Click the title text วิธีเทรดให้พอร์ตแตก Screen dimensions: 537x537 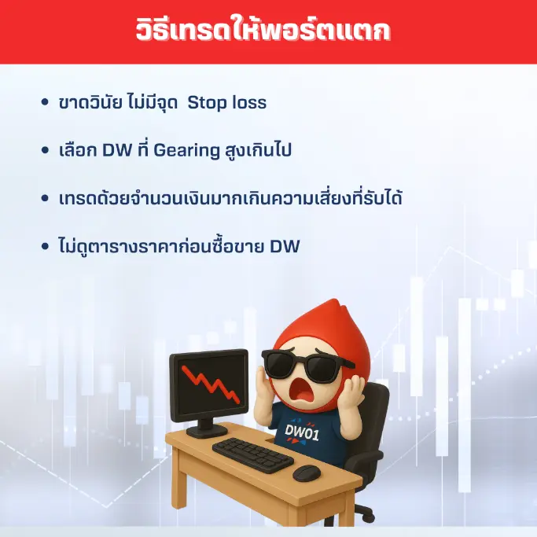pos(268,32)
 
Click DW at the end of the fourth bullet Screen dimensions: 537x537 pos(285,246)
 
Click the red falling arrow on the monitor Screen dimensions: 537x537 pos(208,384)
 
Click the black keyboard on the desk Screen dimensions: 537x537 pos(252,454)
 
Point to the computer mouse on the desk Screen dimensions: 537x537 pos(306,473)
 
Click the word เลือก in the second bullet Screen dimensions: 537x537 pos(78,150)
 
